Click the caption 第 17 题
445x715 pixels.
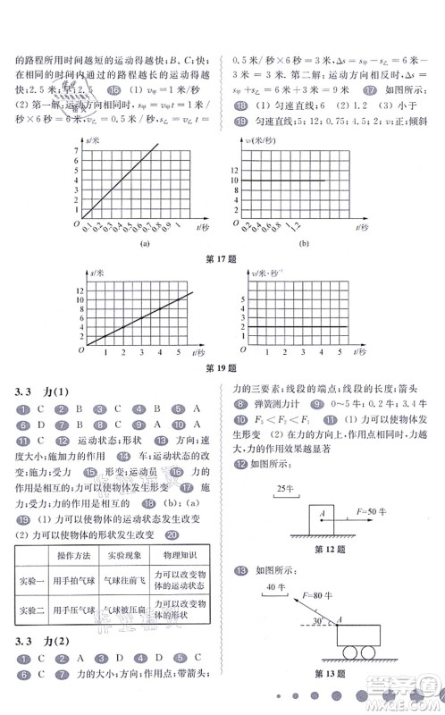tap(222, 260)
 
